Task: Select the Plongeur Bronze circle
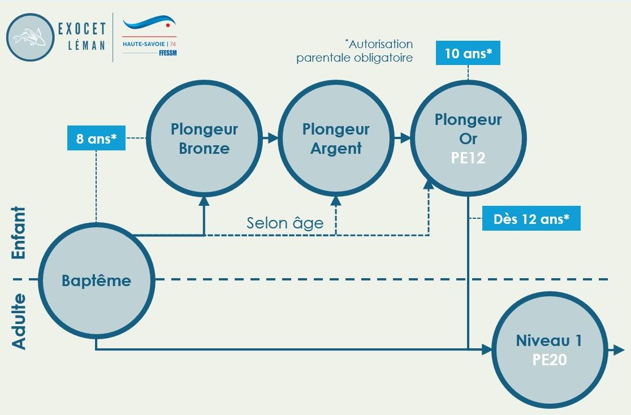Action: pyautogui.click(x=204, y=138)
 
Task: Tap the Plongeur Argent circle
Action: pyautogui.click(x=336, y=138)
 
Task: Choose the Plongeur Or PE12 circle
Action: pyautogui.click(x=468, y=138)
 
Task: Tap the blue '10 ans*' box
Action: pyautogui.click(x=468, y=54)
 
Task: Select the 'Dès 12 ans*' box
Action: pyautogui.click(x=531, y=219)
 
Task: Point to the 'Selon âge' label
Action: pyautogui.click(x=285, y=223)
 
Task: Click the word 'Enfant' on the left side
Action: pyautogui.click(x=19, y=233)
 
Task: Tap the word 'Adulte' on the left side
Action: pyautogui.click(x=19, y=321)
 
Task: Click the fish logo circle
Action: pyautogui.click(x=30, y=37)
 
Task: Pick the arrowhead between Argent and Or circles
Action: pyautogui.click(x=406, y=138)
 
